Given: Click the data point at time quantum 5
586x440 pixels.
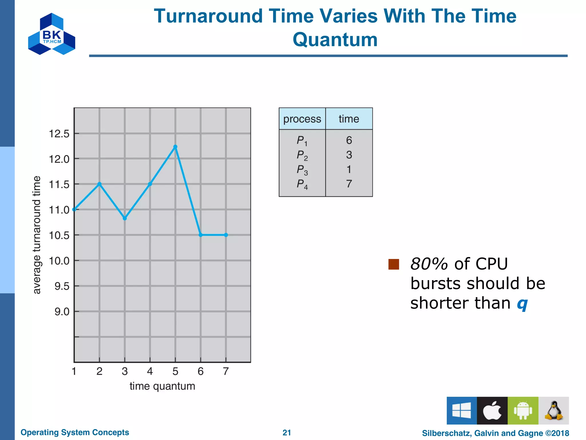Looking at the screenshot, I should coord(175,147).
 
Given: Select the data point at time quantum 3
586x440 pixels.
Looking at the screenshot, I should coord(125,218).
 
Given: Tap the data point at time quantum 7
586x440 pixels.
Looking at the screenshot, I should coord(226,235).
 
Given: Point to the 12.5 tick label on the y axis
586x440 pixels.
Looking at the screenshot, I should coord(59,134).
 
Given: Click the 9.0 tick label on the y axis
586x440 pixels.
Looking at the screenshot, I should coord(62,312).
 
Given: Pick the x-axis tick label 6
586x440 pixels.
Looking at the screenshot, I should coord(201,371).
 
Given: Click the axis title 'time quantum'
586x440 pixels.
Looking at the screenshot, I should coord(162,386).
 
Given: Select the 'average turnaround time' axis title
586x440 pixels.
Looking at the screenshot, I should coord(37,235).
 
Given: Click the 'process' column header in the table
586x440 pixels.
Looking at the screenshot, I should coord(302,119).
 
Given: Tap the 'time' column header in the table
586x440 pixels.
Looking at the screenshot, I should coord(349,119).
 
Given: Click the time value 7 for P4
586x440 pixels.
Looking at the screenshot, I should coord(349,184).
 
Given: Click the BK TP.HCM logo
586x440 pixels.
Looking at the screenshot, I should coord(52,34).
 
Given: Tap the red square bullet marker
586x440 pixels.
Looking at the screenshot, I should coord(394,264).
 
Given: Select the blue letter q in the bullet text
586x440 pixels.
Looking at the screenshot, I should coord(522,304).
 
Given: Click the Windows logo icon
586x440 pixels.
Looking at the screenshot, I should coord(462,410).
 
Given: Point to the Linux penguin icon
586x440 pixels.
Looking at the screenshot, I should coord(554,410).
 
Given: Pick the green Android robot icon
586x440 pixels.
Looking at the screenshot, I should coord(523,410).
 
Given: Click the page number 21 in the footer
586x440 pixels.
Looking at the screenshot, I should coord(287,433).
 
